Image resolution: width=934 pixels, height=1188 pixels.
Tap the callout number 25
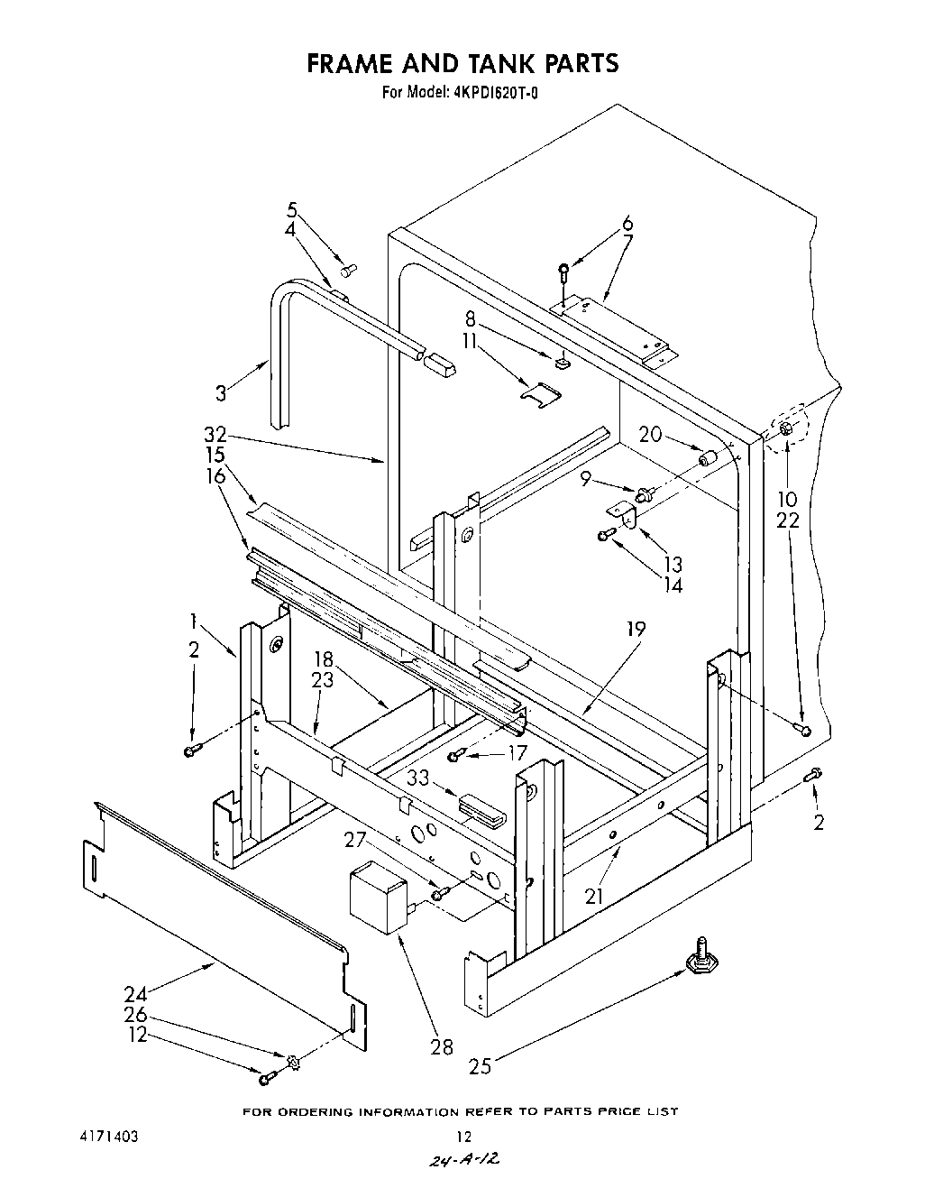click(x=481, y=1066)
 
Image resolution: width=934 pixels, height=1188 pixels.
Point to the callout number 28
click(x=443, y=1047)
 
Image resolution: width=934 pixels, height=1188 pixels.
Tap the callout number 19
click(x=636, y=629)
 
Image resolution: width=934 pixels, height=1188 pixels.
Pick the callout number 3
click(x=222, y=392)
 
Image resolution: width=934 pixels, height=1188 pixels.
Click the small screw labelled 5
click(x=350, y=268)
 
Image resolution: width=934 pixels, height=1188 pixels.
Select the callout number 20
click(x=650, y=434)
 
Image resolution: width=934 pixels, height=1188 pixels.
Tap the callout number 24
click(x=135, y=995)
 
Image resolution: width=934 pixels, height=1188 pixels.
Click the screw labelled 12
click(x=264, y=1079)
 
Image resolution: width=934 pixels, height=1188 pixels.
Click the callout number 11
click(x=469, y=342)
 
